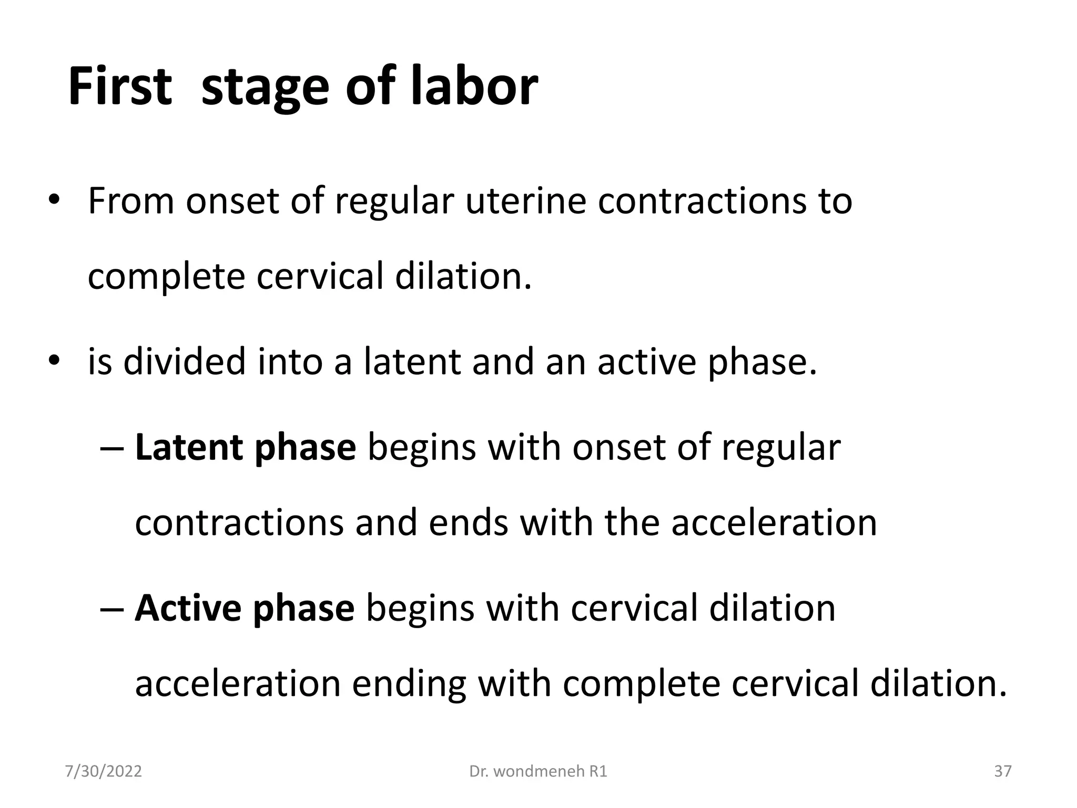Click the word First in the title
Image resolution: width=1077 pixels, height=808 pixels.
click(x=120, y=86)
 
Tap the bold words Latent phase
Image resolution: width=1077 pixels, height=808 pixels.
click(x=245, y=447)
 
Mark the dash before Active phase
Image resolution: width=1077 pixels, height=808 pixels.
click(x=111, y=609)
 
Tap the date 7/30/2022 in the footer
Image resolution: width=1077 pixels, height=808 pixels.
click(x=103, y=771)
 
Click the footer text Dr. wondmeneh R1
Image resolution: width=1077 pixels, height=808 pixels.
click(x=538, y=771)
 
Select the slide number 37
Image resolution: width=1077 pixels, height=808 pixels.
click(x=1002, y=771)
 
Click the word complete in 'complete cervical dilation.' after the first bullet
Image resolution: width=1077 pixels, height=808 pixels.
click(x=166, y=277)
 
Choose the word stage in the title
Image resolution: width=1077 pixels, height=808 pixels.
click(x=266, y=86)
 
